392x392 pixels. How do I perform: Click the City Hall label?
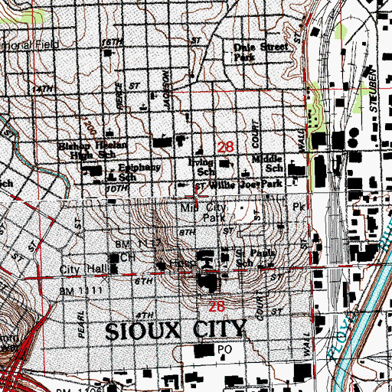coord(82,271)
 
